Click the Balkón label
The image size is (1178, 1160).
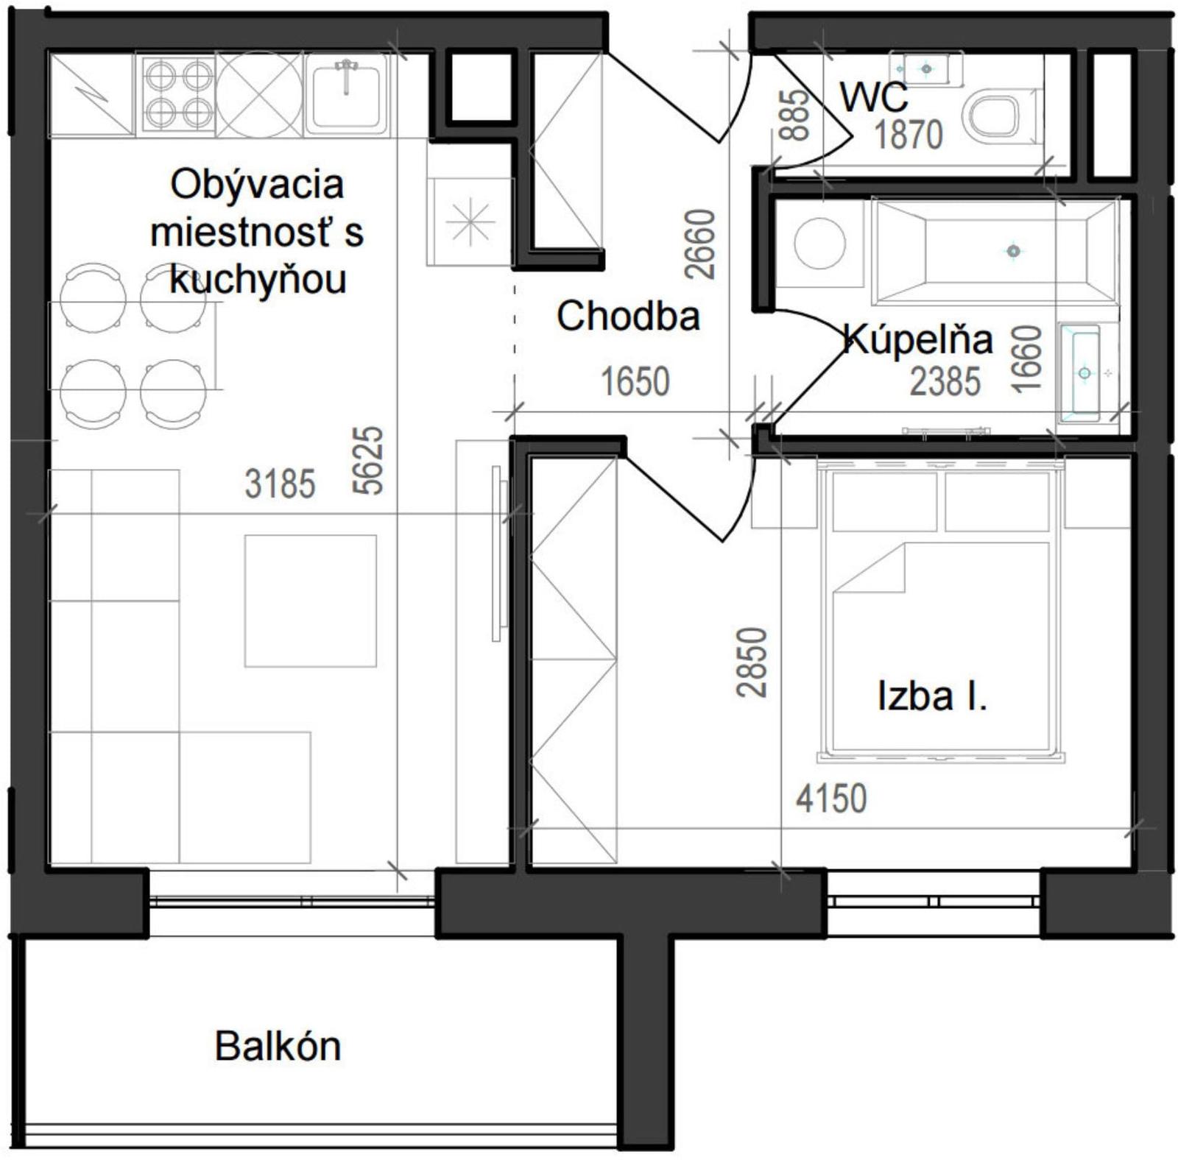[278, 1046]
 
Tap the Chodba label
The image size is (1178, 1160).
[628, 316]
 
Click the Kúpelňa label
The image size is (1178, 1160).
[917, 339]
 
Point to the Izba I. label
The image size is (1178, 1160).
[932, 696]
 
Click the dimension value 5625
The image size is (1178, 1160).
[369, 461]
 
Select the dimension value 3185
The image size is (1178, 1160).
[280, 484]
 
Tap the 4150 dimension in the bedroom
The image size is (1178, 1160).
[831, 799]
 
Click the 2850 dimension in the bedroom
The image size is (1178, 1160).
[752, 662]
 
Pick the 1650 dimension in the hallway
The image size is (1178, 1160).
[635, 382]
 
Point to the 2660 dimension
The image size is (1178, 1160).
[700, 244]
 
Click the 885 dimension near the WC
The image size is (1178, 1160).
[794, 115]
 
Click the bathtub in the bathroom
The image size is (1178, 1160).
[995, 251]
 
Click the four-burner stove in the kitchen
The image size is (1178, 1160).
[177, 93]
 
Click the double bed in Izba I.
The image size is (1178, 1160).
[940, 611]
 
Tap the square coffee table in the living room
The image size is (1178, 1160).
[311, 601]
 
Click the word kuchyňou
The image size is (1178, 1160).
[258, 280]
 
